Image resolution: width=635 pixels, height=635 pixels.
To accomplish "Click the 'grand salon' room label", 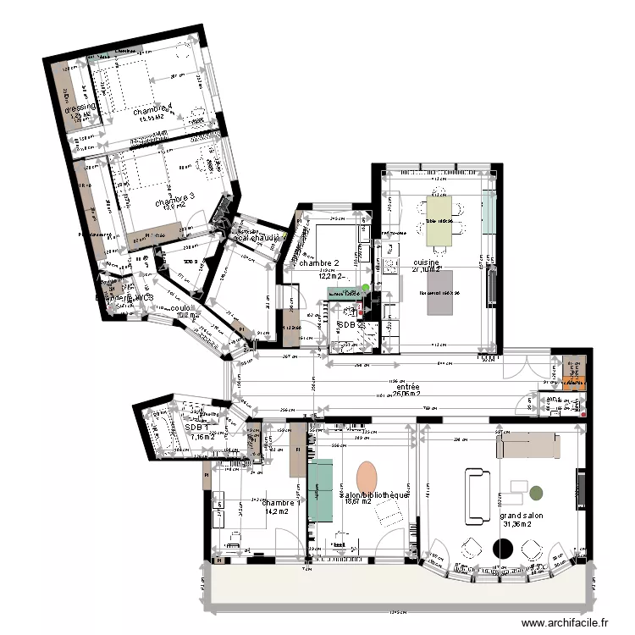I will (x=521, y=515).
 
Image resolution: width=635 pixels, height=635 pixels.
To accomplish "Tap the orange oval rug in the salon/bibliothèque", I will (x=367, y=476).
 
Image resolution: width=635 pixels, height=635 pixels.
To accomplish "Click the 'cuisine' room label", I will (x=425, y=263).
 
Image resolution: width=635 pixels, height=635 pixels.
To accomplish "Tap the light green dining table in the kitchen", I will (x=439, y=219).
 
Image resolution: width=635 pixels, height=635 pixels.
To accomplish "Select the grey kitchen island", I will (x=444, y=292).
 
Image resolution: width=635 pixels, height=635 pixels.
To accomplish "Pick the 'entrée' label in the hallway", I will (x=407, y=386).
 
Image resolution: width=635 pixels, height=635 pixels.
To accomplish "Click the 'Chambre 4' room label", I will (x=152, y=109).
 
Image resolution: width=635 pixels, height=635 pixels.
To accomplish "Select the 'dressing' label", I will (x=81, y=107).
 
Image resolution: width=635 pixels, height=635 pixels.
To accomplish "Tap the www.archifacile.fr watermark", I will (x=566, y=622).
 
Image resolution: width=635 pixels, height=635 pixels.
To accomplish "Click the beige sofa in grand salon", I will (x=527, y=442).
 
